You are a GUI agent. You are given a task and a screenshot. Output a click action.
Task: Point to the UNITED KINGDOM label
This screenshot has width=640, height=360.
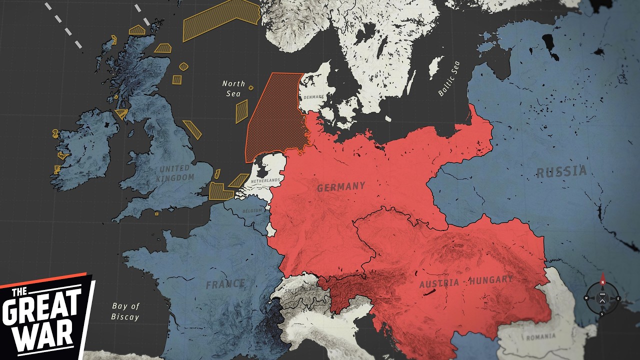pyautogui.click(x=174, y=173)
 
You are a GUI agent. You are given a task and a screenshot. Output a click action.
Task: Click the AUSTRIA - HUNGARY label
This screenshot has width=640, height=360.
pyautogui.click(x=466, y=281)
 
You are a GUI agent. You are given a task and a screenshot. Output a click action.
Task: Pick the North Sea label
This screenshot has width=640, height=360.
pyautogui.click(x=233, y=88)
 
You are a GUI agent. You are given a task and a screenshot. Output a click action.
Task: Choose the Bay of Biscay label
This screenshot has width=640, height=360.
pyautogui.click(x=125, y=311)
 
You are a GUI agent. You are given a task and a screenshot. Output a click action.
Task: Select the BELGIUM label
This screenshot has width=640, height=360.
pyautogui.click(x=252, y=211)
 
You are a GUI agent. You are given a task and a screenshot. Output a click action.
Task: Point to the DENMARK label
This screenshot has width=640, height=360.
pyautogui.click(x=313, y=96)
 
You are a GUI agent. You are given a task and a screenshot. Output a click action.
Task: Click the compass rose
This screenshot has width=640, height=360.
pyautogui.click(x=602, y=298)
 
